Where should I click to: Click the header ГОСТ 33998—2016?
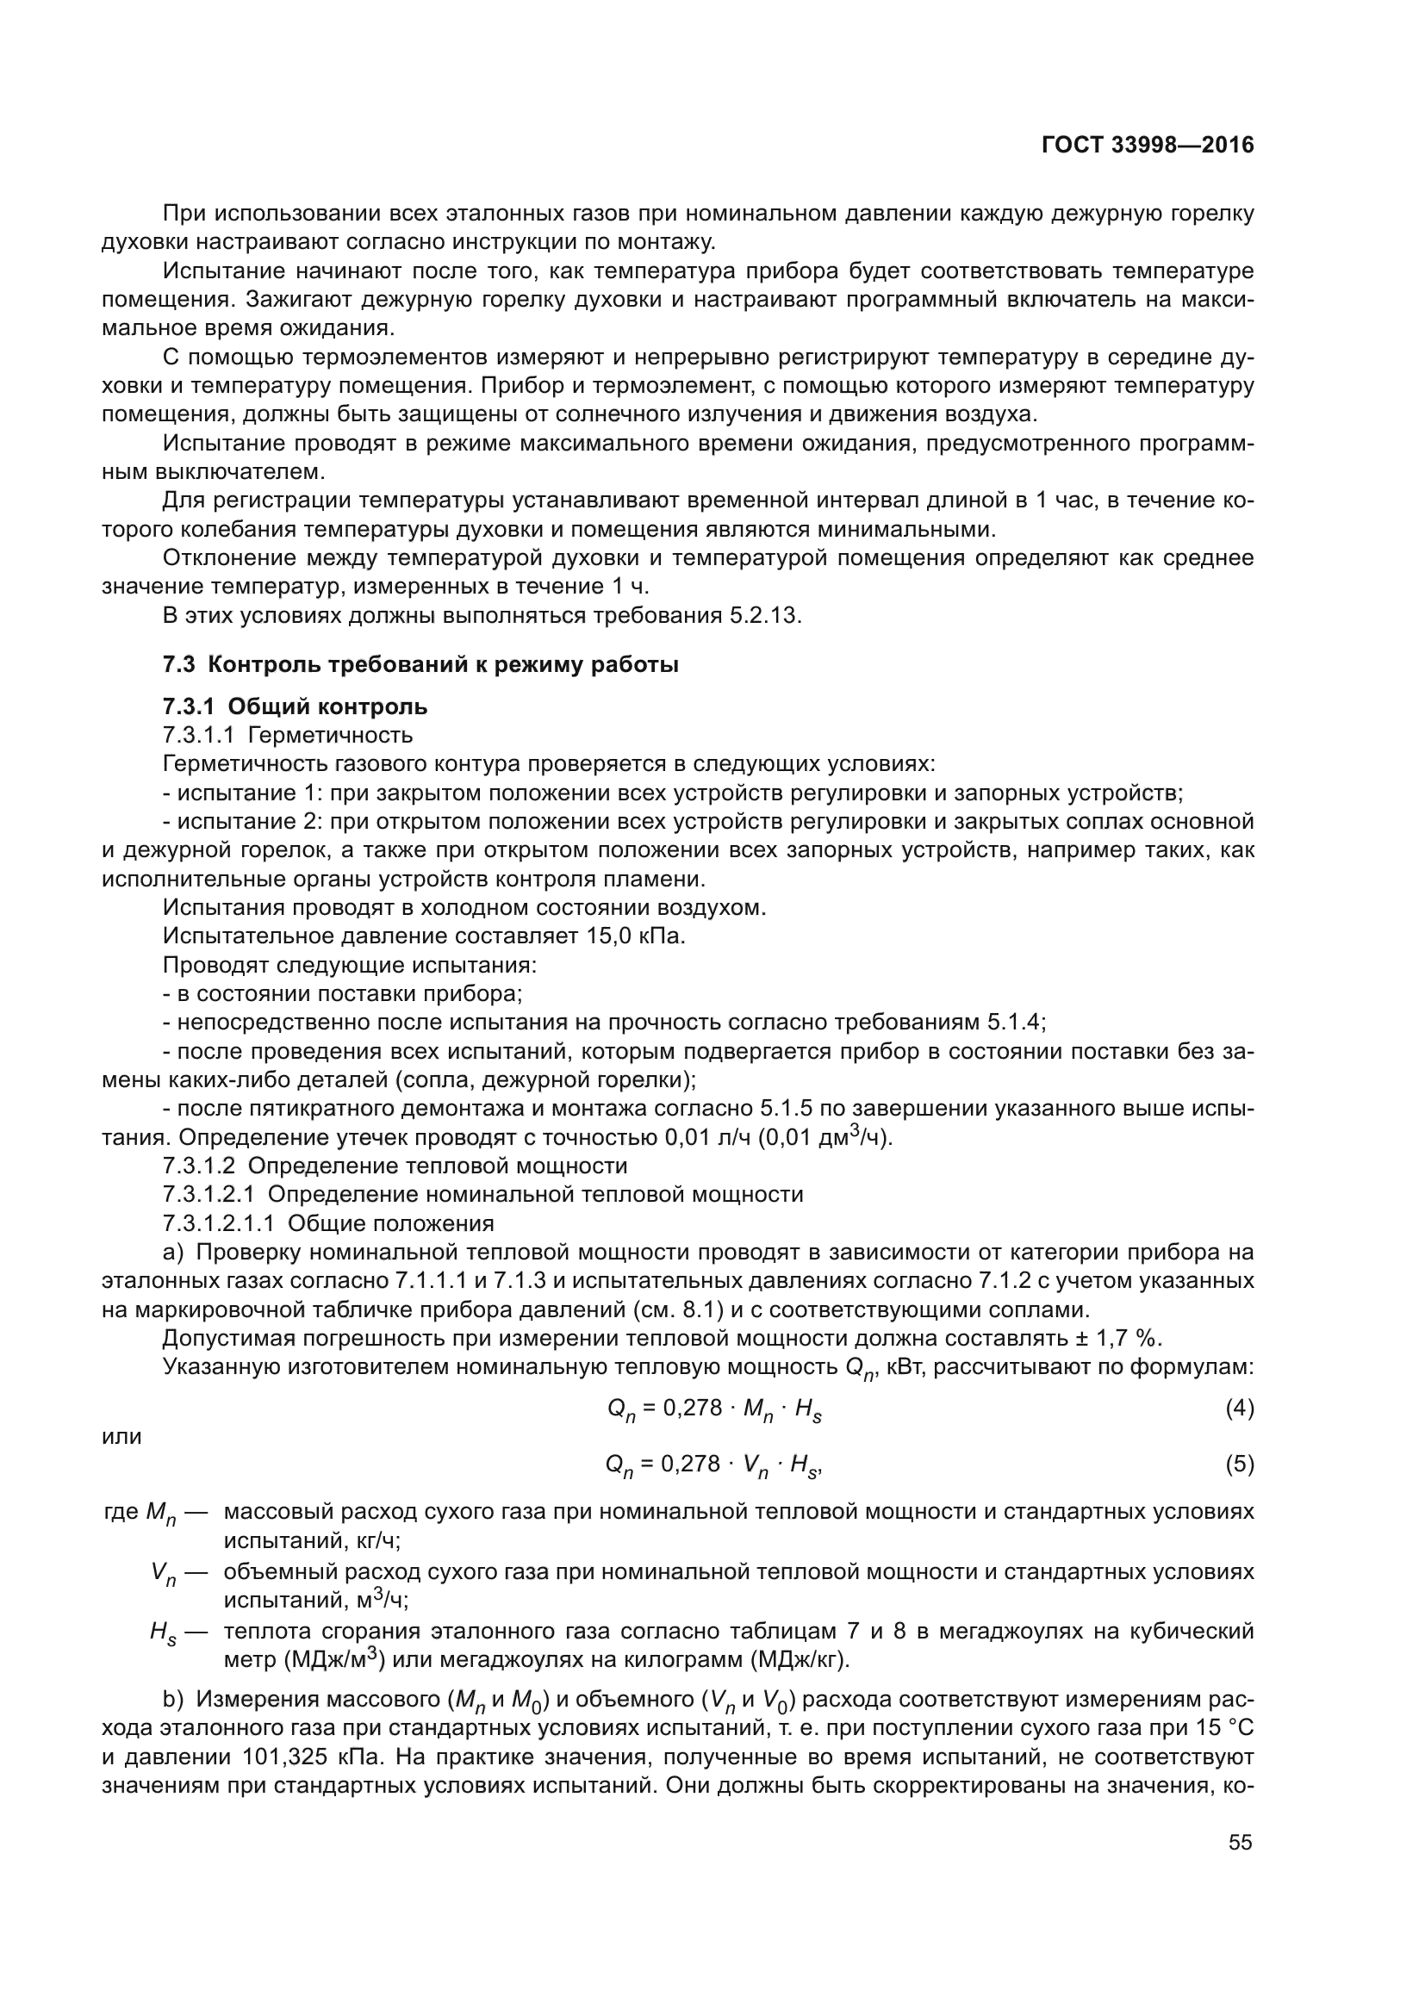pyautogui.click(x=1147, y=145)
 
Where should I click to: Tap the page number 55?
pyautogui.click(x=1240, y=1842)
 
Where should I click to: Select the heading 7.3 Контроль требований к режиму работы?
pyautogui.click(x=420, y=664)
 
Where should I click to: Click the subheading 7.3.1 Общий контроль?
pyautogui.click(x=295, y=706)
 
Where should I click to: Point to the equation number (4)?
pyautogui.click(x=1239, y=1409)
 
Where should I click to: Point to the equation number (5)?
pyautogui.click(x=1239, y=1464)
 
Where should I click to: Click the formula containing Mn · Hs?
pyautogui.click(x=713, y=1409)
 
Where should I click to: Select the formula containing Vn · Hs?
pyautogui.click(x=713, y=1465)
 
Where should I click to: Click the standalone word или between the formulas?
pyautogui.click(x=121, y=1437)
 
